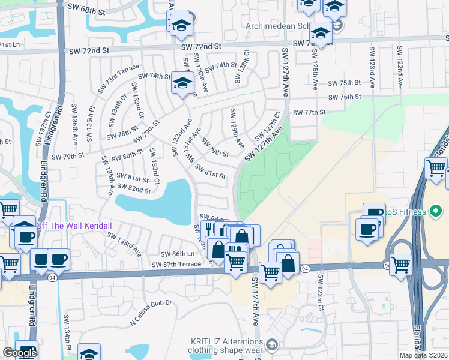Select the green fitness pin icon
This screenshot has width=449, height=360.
point(436,212)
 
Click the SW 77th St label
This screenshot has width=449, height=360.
point(309,112)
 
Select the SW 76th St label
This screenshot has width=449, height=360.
point(344,97)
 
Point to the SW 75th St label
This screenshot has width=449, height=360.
point(344,83)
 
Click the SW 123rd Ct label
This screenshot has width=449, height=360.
point(321,288)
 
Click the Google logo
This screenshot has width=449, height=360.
point(20,353)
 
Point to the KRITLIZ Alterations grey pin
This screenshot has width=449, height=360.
point(273,344)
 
